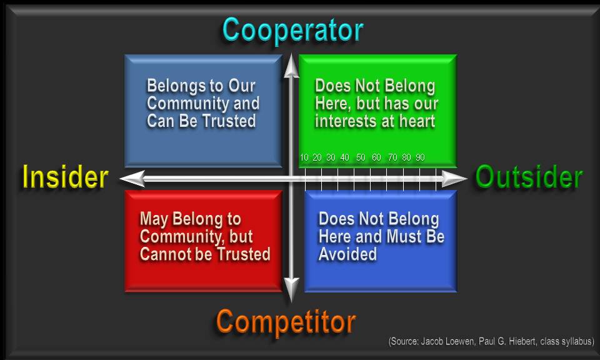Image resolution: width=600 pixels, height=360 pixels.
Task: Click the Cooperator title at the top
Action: click(292, 30)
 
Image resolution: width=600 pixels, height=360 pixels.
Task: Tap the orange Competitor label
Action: click(286, 322)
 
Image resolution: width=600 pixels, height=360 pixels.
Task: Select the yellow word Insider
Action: click(65, 177)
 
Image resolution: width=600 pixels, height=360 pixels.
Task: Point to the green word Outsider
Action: click(529, 177)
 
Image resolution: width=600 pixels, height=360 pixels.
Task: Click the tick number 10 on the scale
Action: click(304, 157)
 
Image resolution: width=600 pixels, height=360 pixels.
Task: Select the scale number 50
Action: click(361, 157)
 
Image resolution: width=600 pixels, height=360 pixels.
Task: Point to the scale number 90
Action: click(420, 157)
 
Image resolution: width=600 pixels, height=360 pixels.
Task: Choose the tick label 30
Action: click(331, 157)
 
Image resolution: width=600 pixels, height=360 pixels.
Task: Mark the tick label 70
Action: click(392, 157)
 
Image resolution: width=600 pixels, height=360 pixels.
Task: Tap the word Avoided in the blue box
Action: click(347, 254)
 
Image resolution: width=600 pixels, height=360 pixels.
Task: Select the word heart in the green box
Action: click(415, 121)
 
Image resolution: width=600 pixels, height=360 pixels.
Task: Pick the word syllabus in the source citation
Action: click(575, 341)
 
